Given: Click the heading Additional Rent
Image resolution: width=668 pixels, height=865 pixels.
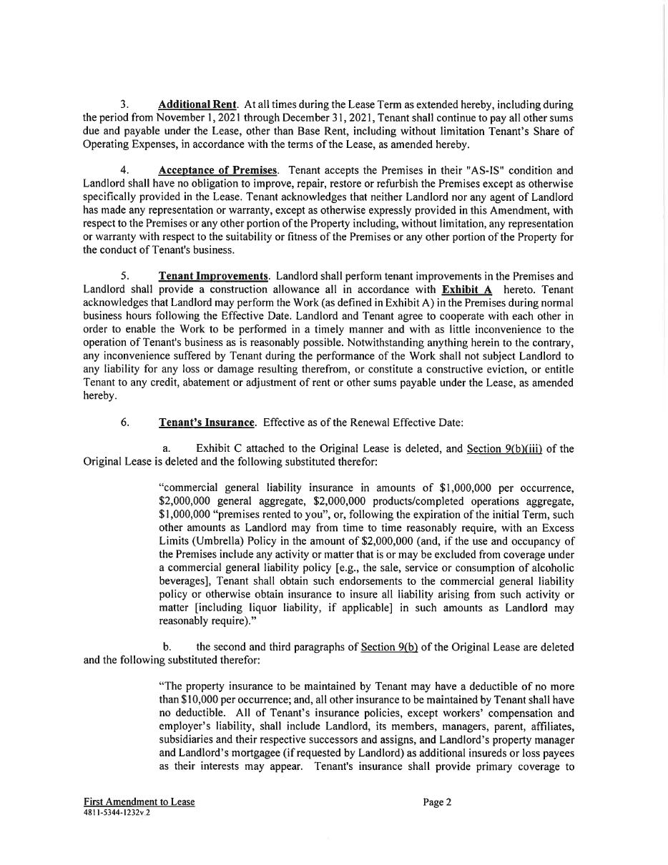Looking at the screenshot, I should (197, 104).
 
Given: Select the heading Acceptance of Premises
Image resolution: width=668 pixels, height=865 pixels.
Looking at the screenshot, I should (217, 170).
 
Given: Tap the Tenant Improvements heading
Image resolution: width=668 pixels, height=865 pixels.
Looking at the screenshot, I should (213, 276).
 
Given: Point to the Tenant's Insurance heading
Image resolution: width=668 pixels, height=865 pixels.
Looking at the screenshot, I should (206, 422).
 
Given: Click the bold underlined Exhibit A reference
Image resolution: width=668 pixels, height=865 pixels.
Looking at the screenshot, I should (467, 290).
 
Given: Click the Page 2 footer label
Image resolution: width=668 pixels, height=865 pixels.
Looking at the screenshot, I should (437, 802).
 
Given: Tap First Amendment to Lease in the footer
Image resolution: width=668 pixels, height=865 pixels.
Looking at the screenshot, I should (139, 802).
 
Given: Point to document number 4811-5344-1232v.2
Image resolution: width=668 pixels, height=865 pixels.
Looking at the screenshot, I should (117, 813).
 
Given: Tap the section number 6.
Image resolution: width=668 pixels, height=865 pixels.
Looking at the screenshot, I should (124, 422).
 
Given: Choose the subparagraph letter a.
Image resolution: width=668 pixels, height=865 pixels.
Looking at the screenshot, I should (166, 448).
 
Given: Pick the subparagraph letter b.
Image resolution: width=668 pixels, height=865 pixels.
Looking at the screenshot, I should (166, 647).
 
